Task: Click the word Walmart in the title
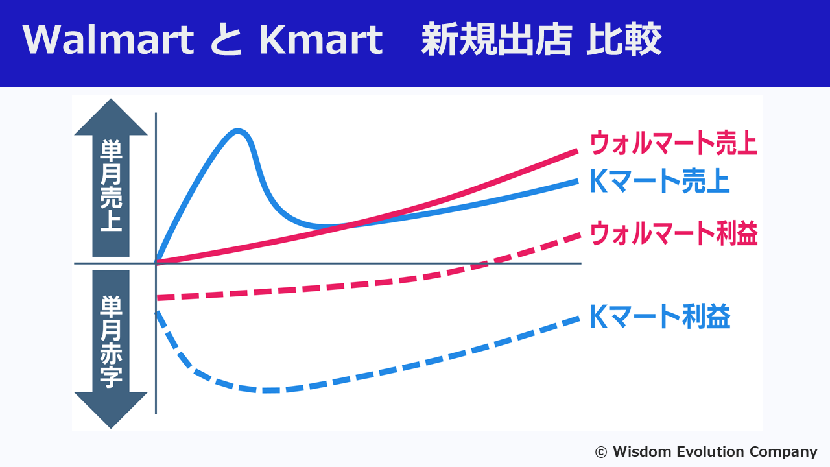click(x=108, y=41)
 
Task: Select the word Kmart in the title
click(x=320, y=41)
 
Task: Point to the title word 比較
click(x=624, y=41)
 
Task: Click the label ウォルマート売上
click(x=673, y=143)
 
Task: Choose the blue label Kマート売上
click(x=659, y=182)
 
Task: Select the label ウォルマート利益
click(x=673, y=233)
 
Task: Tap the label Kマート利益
click(x=659, y=317)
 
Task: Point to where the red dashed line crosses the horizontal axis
click(x=483, y=263)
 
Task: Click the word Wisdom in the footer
click(x=639, y=451)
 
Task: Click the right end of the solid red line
click(x=576, y=150)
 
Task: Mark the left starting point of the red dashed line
click(x=159, y=298)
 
